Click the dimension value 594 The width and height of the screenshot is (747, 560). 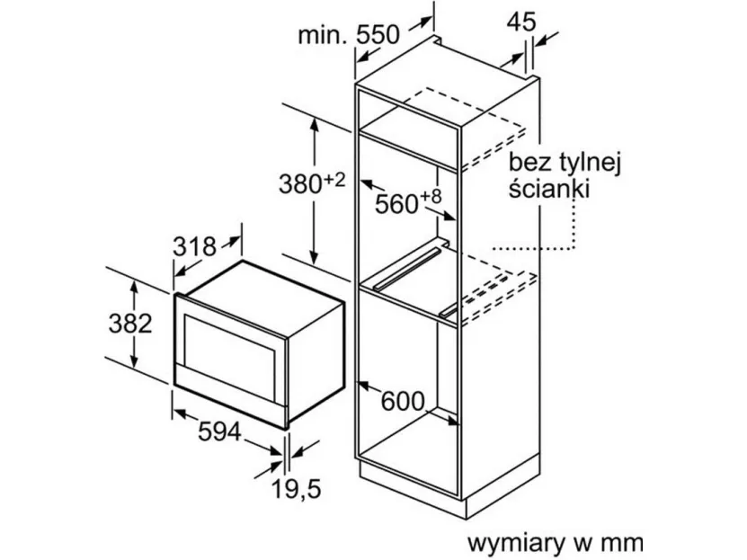(x=219, y=431)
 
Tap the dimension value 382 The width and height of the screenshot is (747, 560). (x=130, y=324)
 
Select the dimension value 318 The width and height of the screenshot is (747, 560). (x=194, y=246)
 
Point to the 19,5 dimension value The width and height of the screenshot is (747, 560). (x=297, y=489)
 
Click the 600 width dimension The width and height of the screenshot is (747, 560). (x=403, y=402)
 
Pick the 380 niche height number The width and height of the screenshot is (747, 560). (x=300, y=184)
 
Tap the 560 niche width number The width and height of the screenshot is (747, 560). (x=396, y=204)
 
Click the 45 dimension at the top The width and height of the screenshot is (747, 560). (x=521, y=22)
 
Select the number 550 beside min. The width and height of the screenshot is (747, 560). (x=378, y=34)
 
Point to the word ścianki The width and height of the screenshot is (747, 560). (x=549, y=188)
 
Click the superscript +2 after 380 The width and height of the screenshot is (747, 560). (x=334, y=180)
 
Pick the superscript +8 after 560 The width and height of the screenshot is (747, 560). (x=431, y=198)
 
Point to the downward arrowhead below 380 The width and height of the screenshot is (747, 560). (x=314, y=258)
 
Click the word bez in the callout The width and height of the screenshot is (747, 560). (x=529, y=163)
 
